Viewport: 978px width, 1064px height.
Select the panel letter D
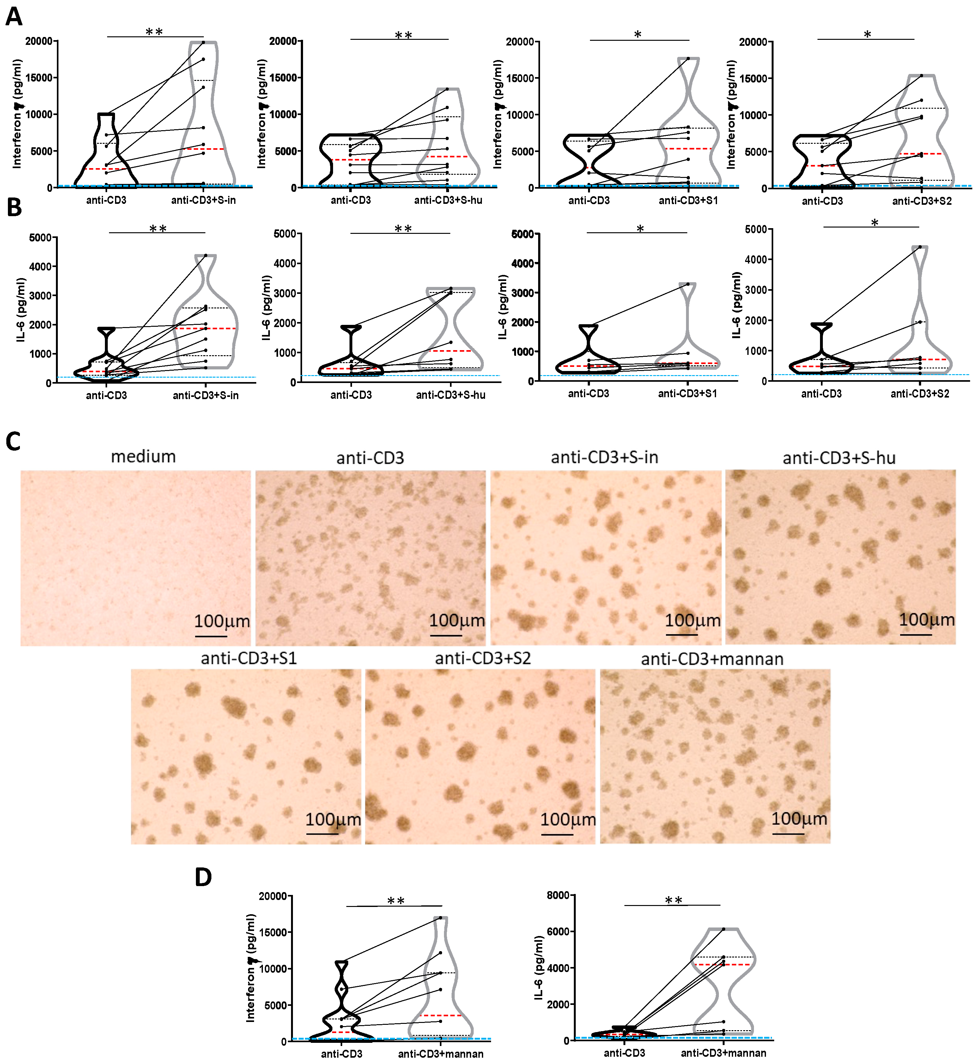tap(203, 877)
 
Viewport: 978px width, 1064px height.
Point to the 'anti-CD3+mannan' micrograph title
tap(712, 659)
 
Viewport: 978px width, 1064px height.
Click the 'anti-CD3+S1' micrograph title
tap(249, 658)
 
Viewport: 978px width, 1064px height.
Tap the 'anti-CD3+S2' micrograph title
tap(483, 658)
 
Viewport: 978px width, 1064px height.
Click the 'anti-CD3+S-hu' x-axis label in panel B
tap(450, 395)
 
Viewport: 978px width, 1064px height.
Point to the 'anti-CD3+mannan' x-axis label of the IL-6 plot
tap(723, 1053)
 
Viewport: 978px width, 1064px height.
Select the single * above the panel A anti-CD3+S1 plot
tap(638, 34)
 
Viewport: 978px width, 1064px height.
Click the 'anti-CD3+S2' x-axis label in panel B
tap(920, 394)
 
